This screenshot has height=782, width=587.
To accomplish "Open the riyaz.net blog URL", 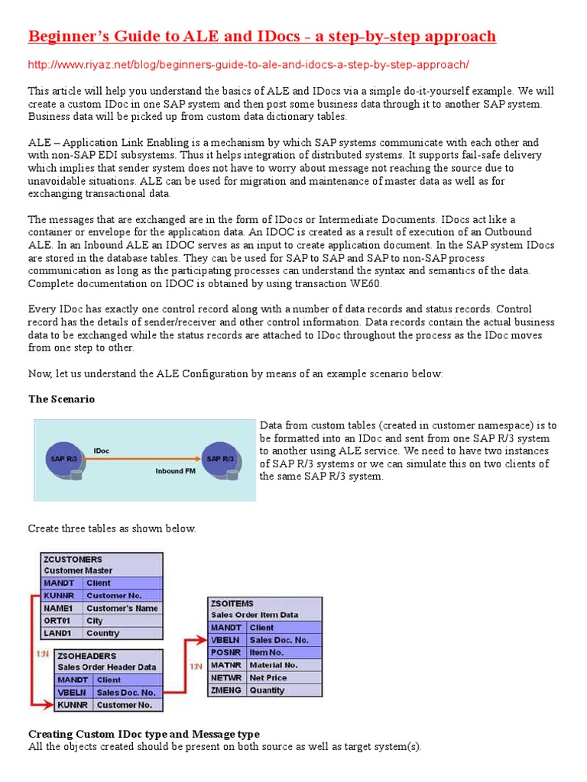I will tap(248, 64).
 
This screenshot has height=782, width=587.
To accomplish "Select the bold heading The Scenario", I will tap(62, 399).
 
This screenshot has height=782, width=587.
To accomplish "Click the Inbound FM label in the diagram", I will tap(175, 471).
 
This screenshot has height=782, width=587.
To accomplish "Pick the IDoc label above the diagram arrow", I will tap(101, 451).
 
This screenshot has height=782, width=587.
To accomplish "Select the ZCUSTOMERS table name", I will tap(73, 559).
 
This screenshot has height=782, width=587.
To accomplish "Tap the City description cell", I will tap(122, 621).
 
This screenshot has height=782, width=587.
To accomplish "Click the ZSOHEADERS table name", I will tap(87, 655).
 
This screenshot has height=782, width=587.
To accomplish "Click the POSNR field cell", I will tap(227, 652).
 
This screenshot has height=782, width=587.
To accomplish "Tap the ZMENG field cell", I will tap(227, 690).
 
